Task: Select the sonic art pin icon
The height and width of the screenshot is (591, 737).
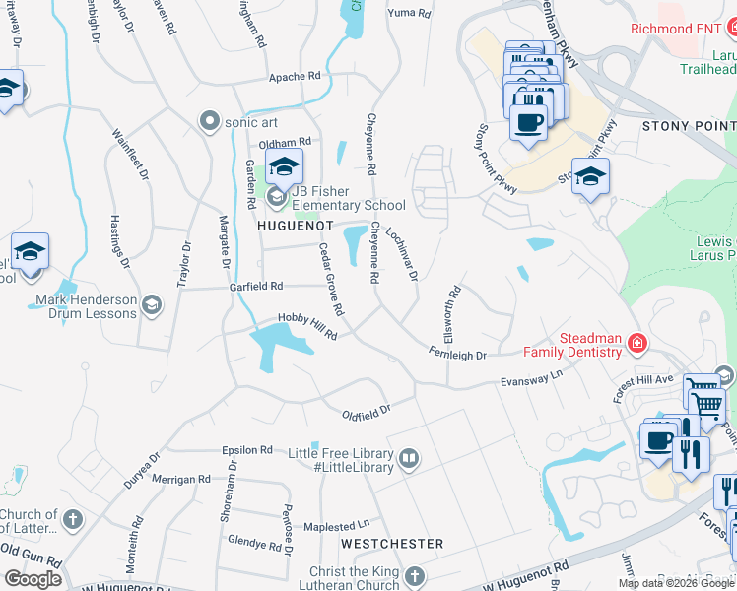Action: point(209,121)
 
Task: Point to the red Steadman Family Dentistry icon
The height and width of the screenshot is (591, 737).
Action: point(637,343)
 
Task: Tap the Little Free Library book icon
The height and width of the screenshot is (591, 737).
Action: point(408,458)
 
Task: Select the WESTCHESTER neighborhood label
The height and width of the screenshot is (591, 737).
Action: point(391,544)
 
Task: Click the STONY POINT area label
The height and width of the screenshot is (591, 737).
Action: point(688,126)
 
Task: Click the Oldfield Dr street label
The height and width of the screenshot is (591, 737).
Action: point(367,410)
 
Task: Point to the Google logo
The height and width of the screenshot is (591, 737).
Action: point(33,578)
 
